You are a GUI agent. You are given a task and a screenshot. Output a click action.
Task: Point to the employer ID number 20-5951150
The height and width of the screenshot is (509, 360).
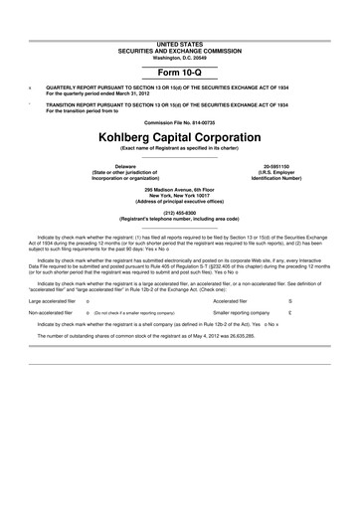tap(276, 164)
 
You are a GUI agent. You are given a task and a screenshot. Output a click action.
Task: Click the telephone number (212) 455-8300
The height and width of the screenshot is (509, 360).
tap(180, 212)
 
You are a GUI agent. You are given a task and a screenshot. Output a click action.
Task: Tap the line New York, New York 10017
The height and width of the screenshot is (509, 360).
tap(180, 194)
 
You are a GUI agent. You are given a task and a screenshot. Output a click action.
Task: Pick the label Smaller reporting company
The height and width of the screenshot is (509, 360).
tap(242, 284)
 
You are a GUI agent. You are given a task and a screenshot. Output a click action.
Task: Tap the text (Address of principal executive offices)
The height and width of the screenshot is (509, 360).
tap(180, 200)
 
